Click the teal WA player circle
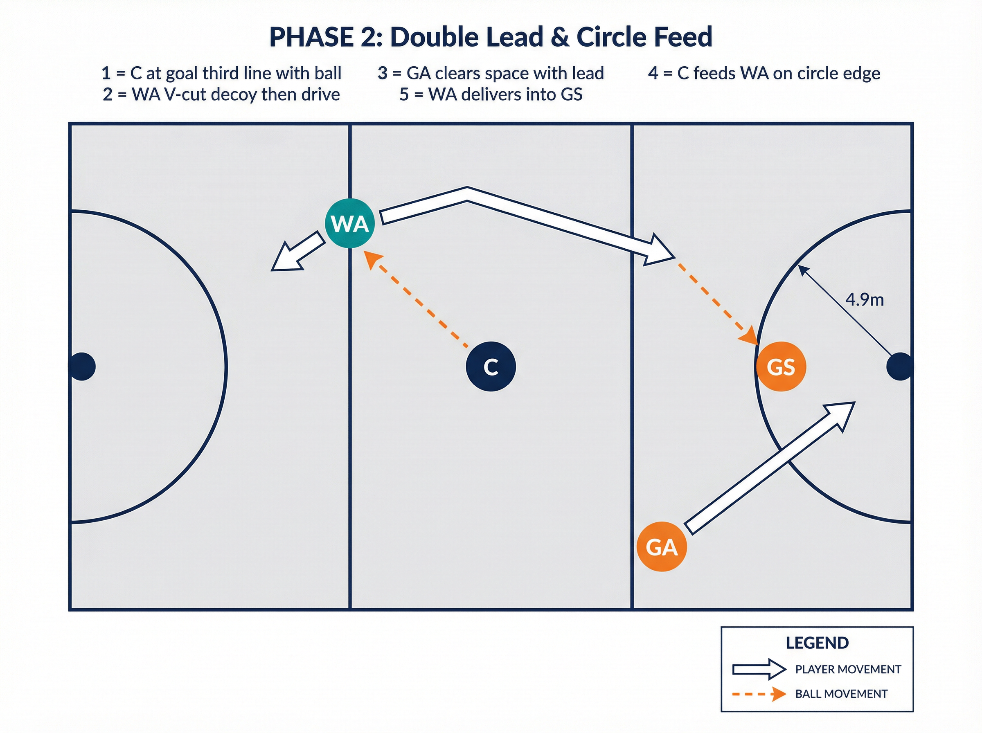tap(350, 223)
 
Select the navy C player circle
tap(491, 366)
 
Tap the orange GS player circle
tap(781, 366)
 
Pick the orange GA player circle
tap(662, 546)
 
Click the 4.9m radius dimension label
tap(865, 300)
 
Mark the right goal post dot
tap(900, 366)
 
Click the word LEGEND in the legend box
tap(817, 643)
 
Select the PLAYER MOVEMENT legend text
tap(848, 669)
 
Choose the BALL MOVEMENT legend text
tap(841, 693)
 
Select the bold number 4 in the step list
tap(653, 73)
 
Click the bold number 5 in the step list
tap(404, 94)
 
